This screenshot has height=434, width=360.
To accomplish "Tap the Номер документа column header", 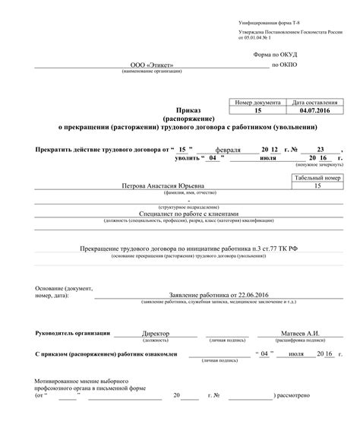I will point(258,102).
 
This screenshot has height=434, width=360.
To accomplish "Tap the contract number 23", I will point(321,150).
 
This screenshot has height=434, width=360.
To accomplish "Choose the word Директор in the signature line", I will point(156,334).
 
